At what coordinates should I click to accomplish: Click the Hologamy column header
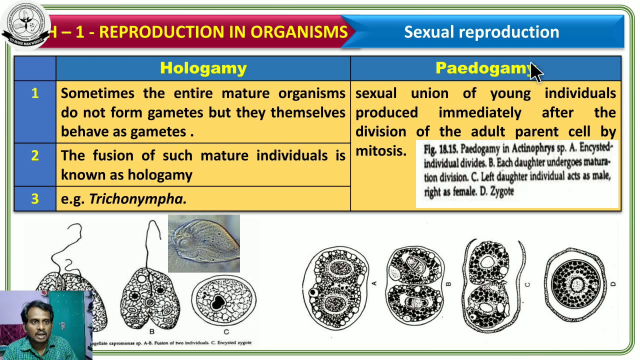click(203, 68)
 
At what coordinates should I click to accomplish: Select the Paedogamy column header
click(482, 68)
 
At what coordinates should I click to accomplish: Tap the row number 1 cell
click(35, 93)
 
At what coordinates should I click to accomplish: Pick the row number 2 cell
click(35, 155)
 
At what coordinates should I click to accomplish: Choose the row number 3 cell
click(35, 199)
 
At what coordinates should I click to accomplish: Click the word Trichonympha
click(137, 199)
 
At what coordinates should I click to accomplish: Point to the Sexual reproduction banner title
click(481, 32)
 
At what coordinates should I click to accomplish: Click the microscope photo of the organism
click(203, 243)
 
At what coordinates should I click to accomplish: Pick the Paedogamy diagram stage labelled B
click(414, 285)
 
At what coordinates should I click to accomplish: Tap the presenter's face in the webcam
click(38, 320)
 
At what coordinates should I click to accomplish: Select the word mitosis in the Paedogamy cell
click(380, 151)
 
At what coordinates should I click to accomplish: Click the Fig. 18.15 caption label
click(441, 149)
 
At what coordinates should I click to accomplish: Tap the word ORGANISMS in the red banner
click(299, 32)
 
